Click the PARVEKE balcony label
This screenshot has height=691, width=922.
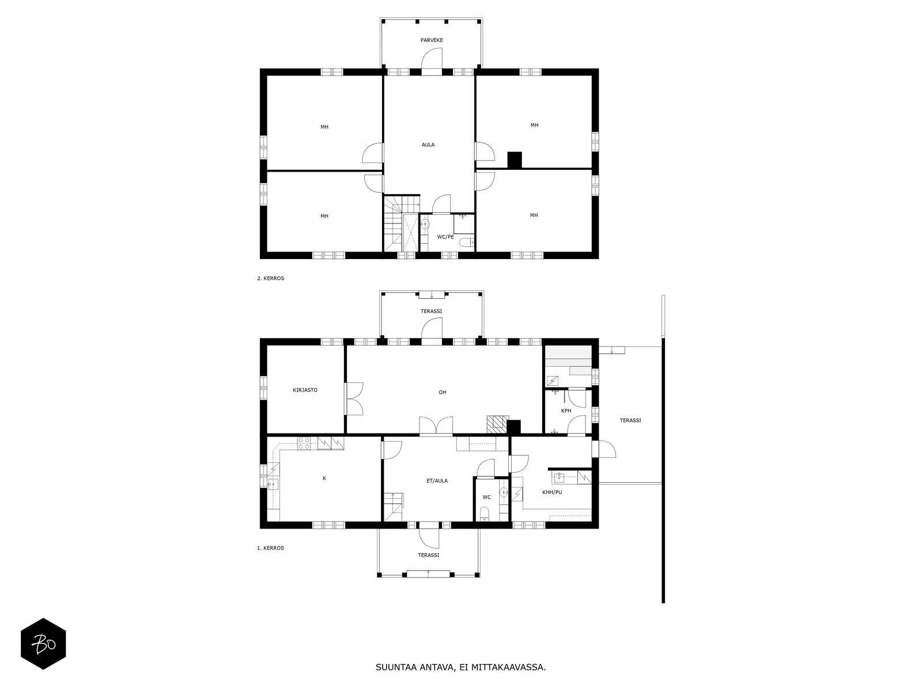click(431, 40)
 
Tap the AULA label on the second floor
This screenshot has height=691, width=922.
click(428, 145)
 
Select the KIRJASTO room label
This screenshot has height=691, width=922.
click(305, 390)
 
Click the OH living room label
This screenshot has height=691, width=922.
click(442, 392)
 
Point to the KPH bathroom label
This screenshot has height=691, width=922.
click(566, 411)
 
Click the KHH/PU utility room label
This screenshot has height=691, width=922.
click(551, 492)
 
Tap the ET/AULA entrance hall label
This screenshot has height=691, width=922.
click(437, 480)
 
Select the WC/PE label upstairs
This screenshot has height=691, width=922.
click(445, 237)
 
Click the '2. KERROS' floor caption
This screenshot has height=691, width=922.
click(270, 278)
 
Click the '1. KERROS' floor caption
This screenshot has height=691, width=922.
click(270, 548)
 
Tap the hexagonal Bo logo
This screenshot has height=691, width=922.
click(43, 643)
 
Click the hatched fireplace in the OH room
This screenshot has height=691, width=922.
click(497, 424)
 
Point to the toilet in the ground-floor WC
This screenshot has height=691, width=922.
click(485, 513)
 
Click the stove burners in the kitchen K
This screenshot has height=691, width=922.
click(304, 443)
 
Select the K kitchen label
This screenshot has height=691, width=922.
click(324, 478)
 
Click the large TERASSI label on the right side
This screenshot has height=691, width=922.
click(630, 420)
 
